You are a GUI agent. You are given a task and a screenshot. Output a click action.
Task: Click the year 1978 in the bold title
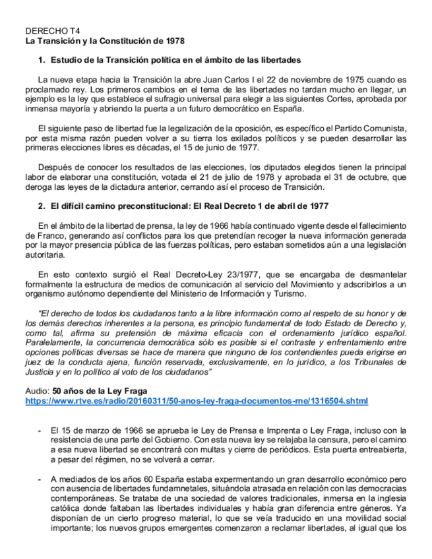coord(173,40)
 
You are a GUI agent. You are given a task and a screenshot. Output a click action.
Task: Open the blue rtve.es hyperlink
coord(197,401)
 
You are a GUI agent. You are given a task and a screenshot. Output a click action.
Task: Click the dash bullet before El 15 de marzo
coord(40,430)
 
